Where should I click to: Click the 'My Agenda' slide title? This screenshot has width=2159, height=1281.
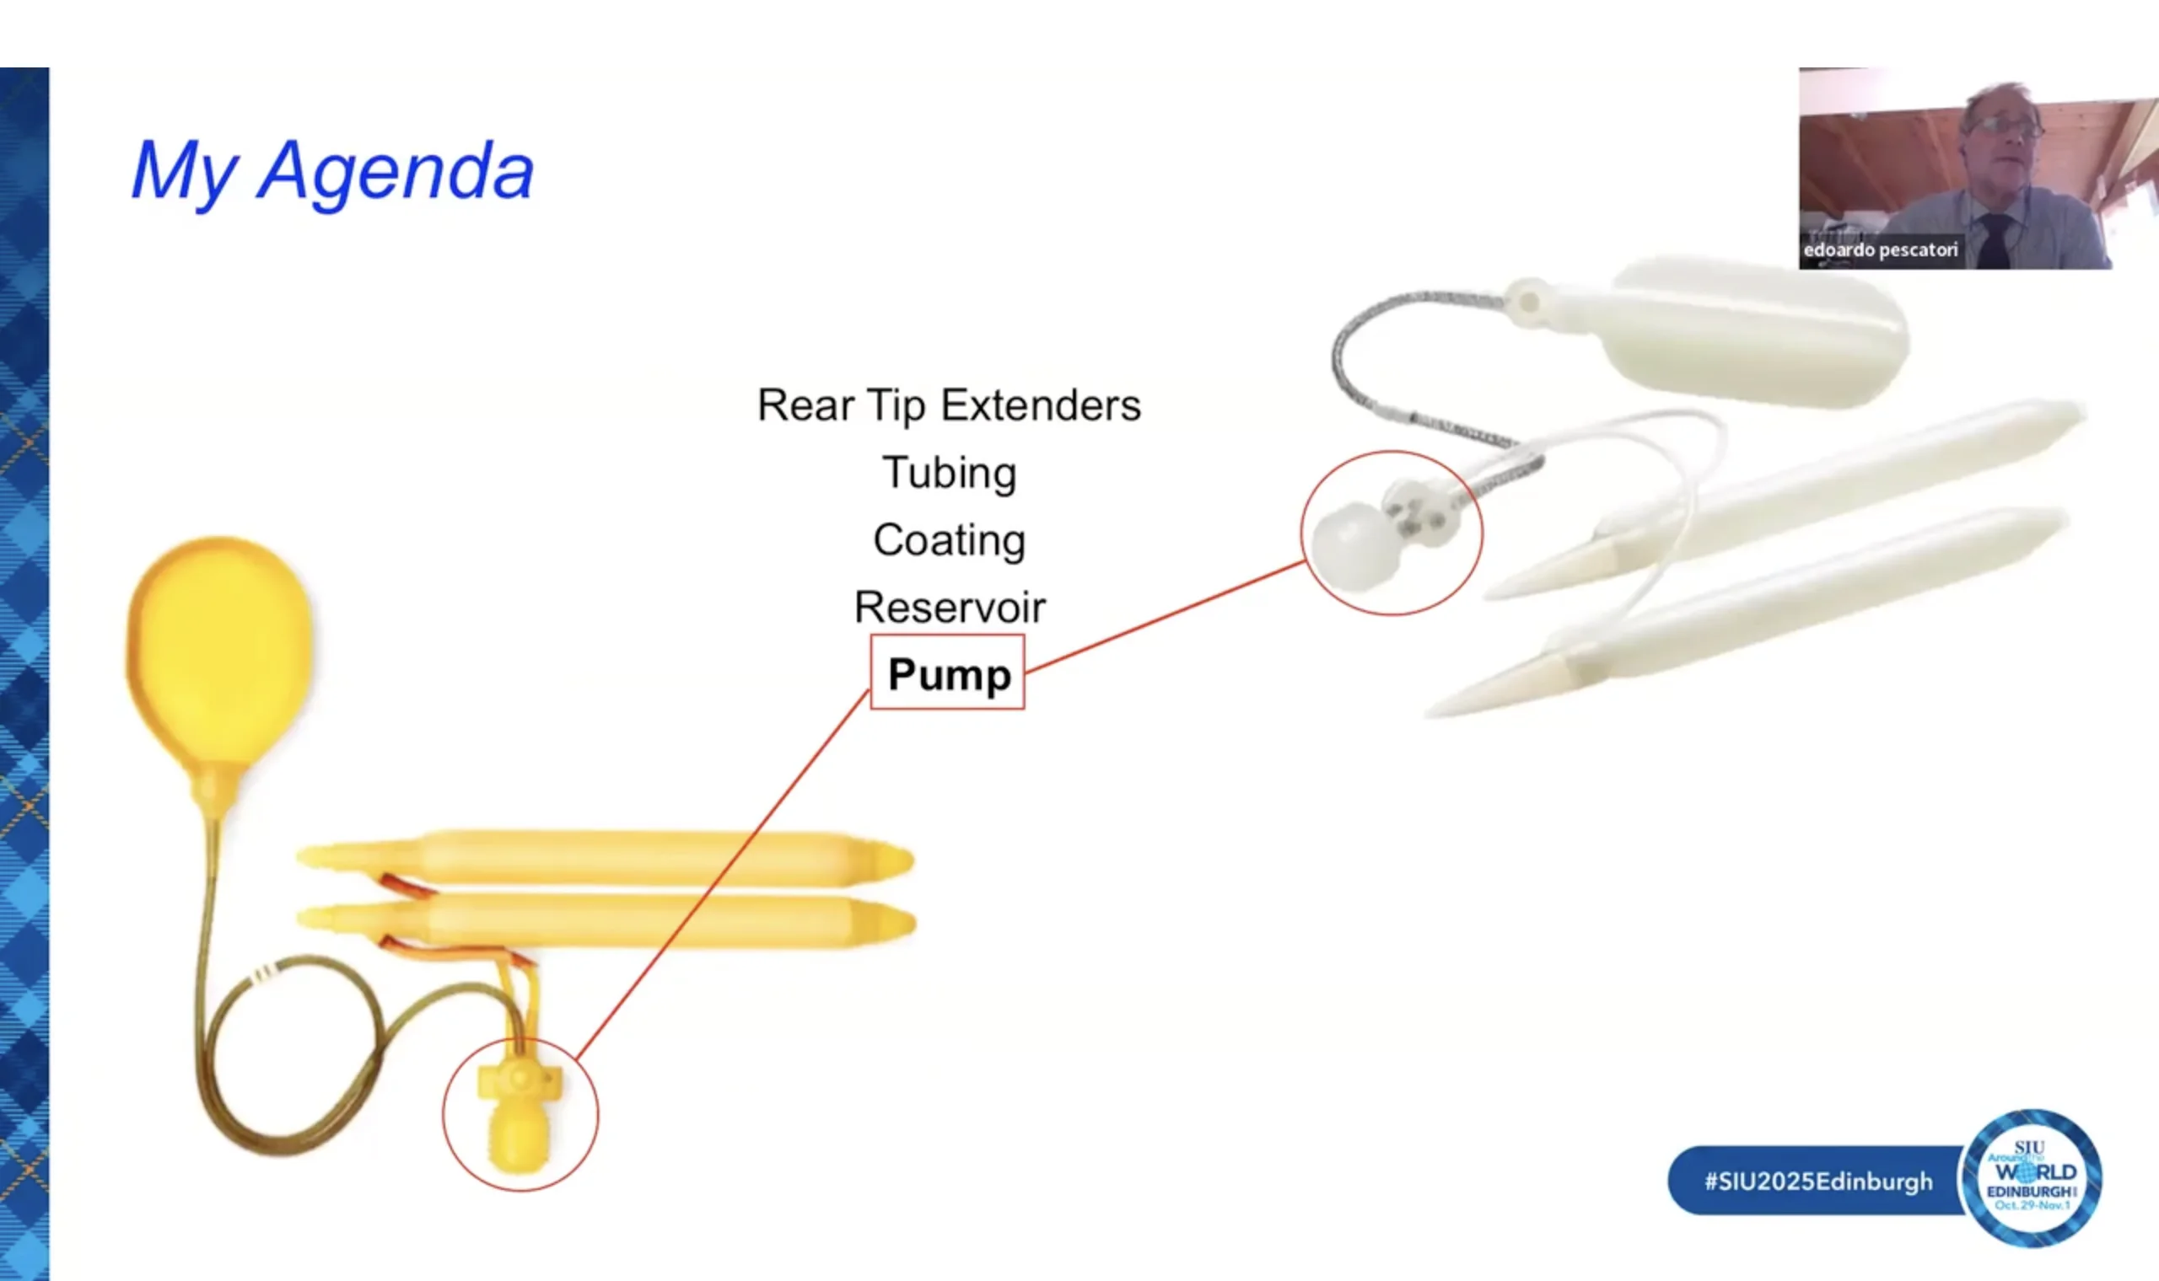332,172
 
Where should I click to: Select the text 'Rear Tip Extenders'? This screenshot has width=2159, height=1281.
949,405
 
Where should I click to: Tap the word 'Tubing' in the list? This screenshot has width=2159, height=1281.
949,473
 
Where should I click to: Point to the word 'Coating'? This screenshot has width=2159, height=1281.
949,540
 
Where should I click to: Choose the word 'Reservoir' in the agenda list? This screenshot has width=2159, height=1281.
949,607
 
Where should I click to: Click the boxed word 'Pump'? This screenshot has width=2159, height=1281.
948,673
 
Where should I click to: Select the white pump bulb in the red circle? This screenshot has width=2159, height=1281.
1354,546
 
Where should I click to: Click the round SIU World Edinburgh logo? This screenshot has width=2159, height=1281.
2032,1178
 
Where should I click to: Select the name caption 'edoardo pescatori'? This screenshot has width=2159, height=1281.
1880,250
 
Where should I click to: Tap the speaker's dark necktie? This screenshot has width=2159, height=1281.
1995,242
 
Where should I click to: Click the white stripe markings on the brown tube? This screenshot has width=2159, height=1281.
263,973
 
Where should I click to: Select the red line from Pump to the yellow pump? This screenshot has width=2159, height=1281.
723,874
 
